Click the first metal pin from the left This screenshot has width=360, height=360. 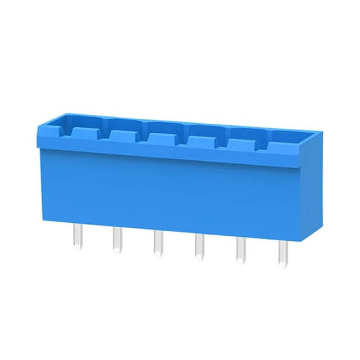[77, 235]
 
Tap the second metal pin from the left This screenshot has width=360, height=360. [117, 239]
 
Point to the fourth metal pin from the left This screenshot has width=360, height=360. [199, 247]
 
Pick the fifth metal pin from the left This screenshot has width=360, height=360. [241, 251]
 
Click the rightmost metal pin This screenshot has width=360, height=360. [282, 254]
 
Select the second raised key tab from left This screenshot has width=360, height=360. [122, 135]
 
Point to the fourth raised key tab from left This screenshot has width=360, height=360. [199, 141]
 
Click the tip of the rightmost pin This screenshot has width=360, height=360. [282, 265]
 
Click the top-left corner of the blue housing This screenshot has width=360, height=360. [38, 129]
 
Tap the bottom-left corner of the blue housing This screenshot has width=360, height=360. [43, 218]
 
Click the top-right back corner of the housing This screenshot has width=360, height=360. [322, 133]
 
